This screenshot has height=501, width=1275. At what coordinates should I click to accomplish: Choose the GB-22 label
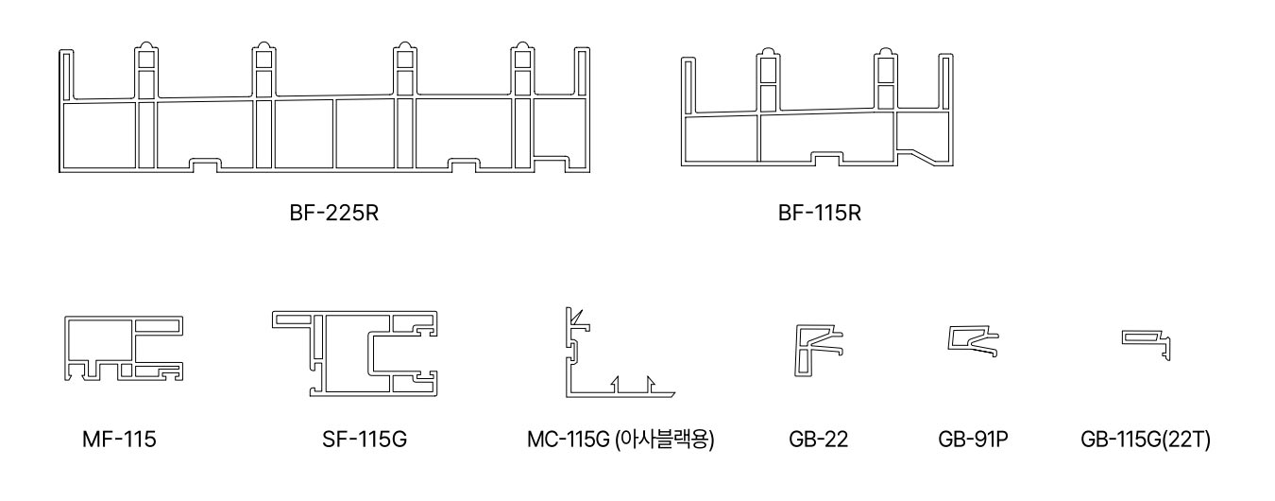(x=819, y=440)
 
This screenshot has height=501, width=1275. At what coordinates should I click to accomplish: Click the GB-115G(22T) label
(x=1144, y=440)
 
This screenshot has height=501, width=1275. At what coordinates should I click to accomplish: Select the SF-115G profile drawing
(x=356, y=350)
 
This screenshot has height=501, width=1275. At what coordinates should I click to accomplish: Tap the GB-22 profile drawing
(x=818, y=348)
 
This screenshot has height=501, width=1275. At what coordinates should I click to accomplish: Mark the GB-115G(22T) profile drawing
(x=1147, y=342)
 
